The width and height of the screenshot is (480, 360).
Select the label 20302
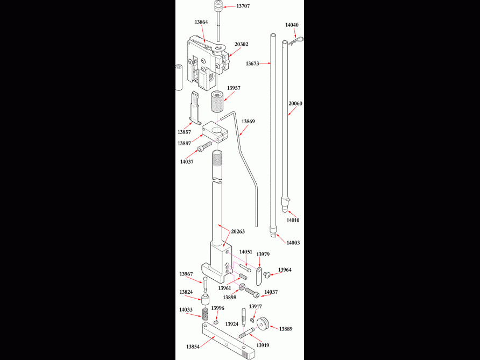coord(241,44)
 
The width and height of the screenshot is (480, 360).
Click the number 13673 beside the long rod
coord(252,63)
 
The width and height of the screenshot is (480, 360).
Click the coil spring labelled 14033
coord(206,315)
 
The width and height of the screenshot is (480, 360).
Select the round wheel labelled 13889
coord(264,325)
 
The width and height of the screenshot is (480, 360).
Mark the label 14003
coord(293,243)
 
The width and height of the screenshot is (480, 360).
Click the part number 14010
coord(293,220)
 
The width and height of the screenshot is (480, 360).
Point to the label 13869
coord(248,122)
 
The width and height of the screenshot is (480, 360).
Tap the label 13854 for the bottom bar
coord(193,347)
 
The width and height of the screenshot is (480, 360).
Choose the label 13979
coord(263,254)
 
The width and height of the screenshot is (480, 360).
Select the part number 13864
coord(201,22)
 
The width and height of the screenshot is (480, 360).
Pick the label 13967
coord(186,274)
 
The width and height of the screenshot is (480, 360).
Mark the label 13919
coord(263,345)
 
